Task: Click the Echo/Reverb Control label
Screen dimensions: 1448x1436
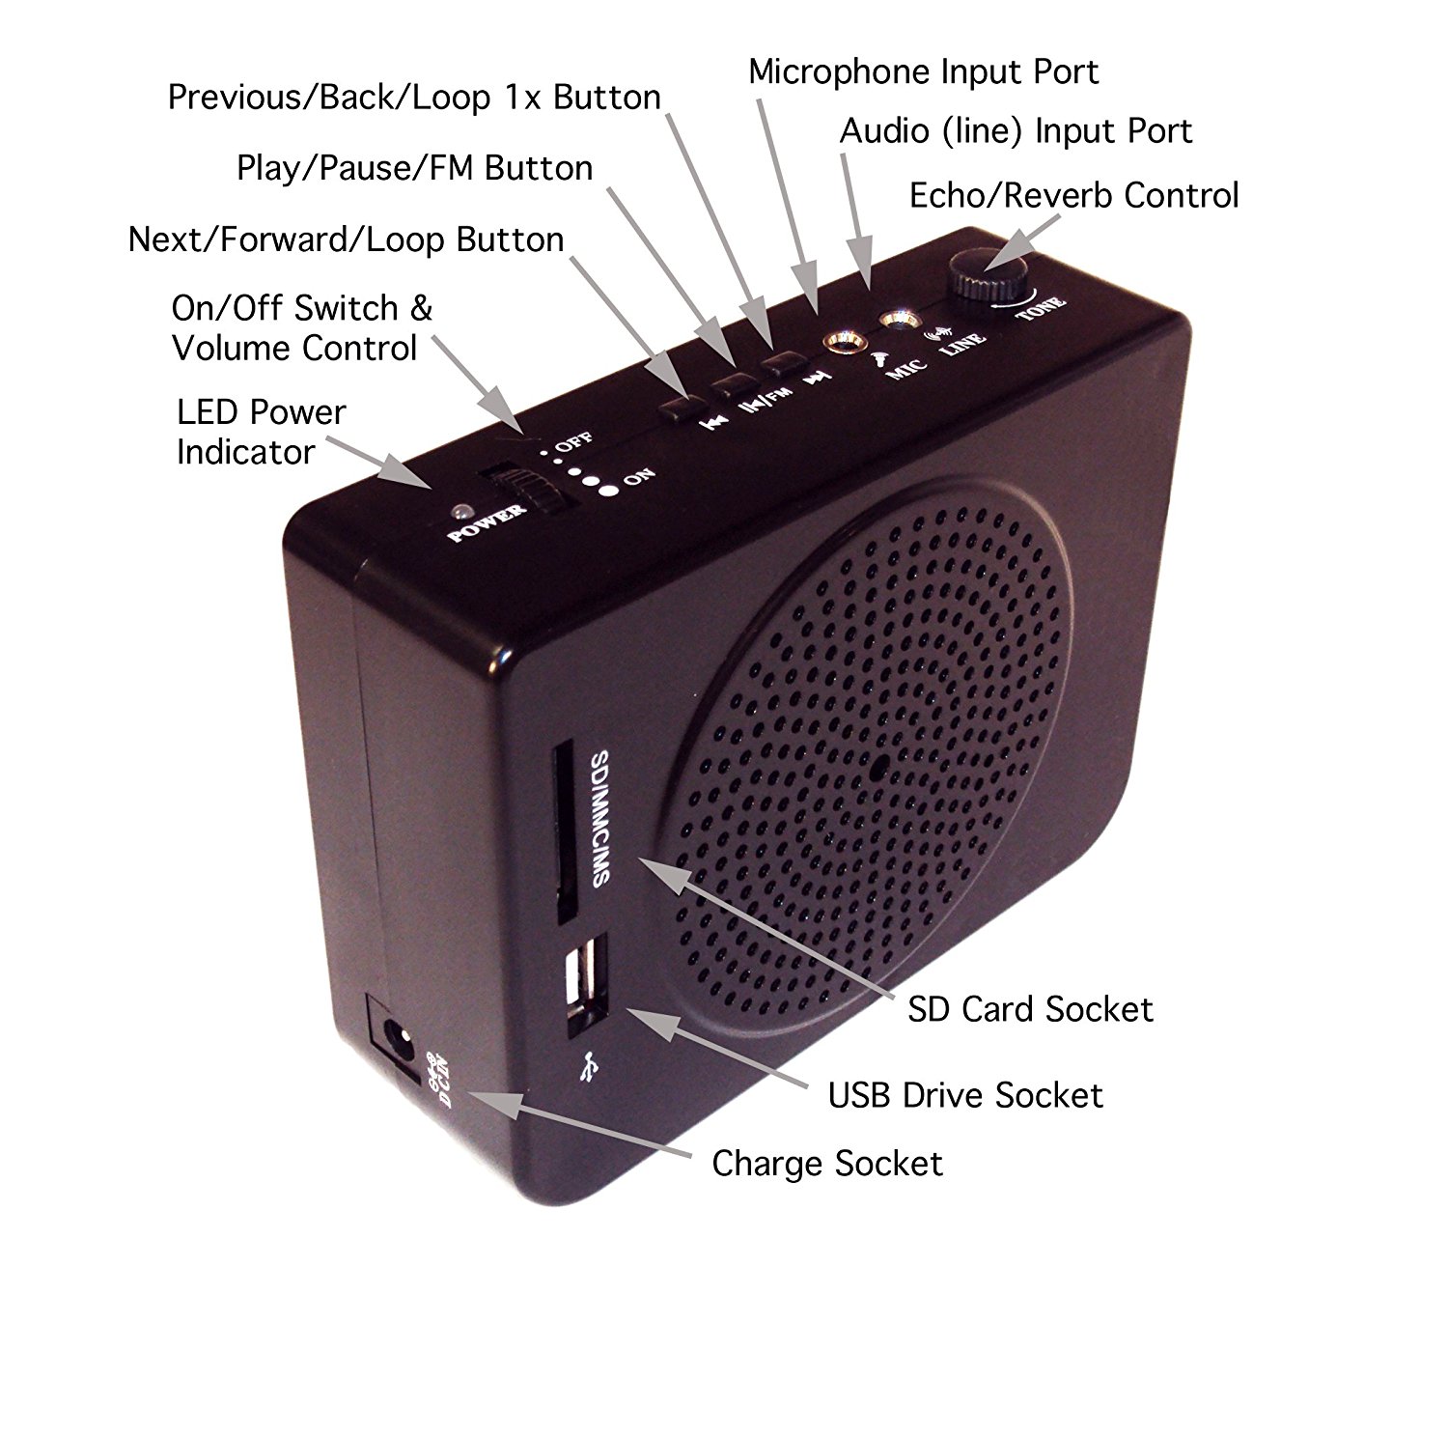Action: [1073, 195]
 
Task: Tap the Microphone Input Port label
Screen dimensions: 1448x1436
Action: [923, 72]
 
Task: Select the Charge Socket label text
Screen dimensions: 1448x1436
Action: [827, 1164]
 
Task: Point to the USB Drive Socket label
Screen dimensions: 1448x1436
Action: [965, 1095]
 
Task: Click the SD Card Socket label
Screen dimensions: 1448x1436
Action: [1030, 1010]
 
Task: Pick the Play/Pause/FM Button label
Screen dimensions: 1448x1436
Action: [414, 168]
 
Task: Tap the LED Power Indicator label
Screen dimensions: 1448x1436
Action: [261, 432]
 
